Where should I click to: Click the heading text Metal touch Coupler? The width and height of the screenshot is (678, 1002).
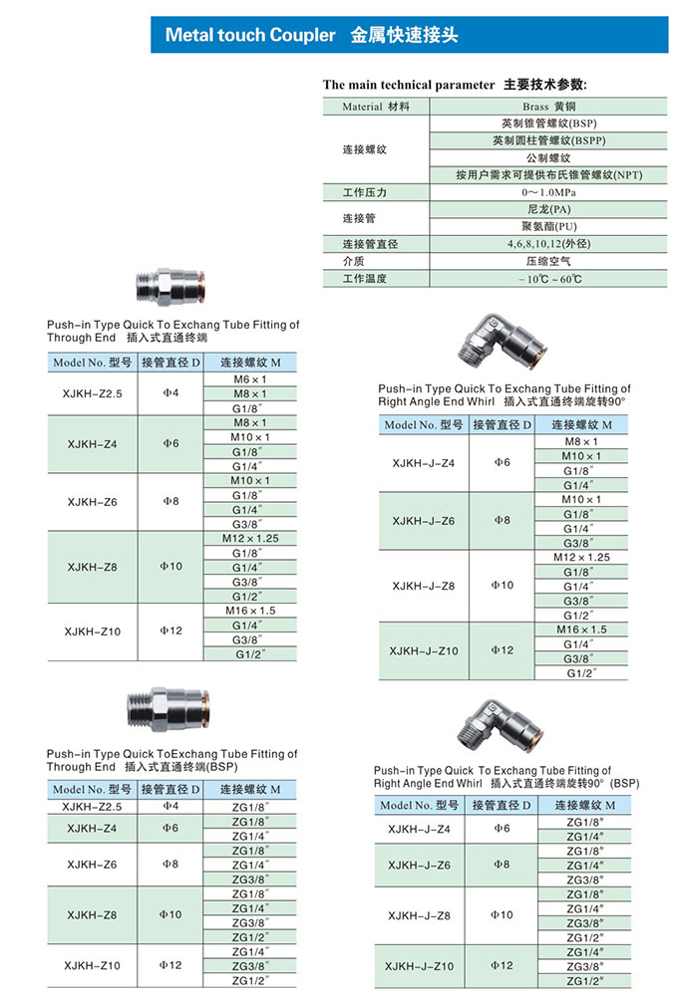tap(250, 36)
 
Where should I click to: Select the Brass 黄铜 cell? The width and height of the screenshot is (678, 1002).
tap(549, 106)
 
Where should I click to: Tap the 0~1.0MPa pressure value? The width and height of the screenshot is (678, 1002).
tap(549, 191)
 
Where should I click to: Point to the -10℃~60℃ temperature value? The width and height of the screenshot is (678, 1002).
tap(549, 279)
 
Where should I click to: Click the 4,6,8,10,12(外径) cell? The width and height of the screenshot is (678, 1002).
tap(549, 244)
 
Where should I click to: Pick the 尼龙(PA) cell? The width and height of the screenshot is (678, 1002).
tap(549, 209)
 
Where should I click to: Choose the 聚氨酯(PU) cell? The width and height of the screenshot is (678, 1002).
tap(549, 226)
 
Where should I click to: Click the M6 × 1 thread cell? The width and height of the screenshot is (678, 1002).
tap(250, 379)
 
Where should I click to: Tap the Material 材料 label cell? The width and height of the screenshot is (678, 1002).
tap(375, 106)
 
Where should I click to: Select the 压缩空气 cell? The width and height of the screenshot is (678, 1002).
tap(549, 261)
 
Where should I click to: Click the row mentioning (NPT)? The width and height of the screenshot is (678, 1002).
tap(549, 174)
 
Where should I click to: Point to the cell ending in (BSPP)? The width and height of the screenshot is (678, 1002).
tap(549, 140)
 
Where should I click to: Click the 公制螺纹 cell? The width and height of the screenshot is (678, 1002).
tap(549, 157)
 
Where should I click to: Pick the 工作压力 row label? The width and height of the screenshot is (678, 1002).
tap(364, 191)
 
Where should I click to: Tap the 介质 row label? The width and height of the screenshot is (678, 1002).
tap(355, 261)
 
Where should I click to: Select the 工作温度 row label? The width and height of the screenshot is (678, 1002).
tap(364, 279)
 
